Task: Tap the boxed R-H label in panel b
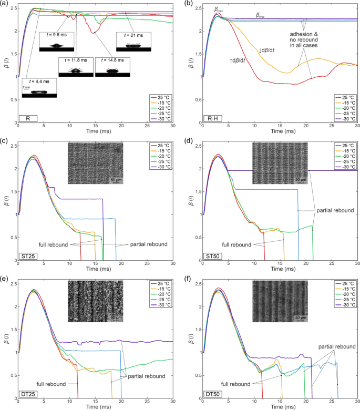point(212,119)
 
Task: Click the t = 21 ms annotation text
point(130,35)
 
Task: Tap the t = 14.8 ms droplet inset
point(109,70)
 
